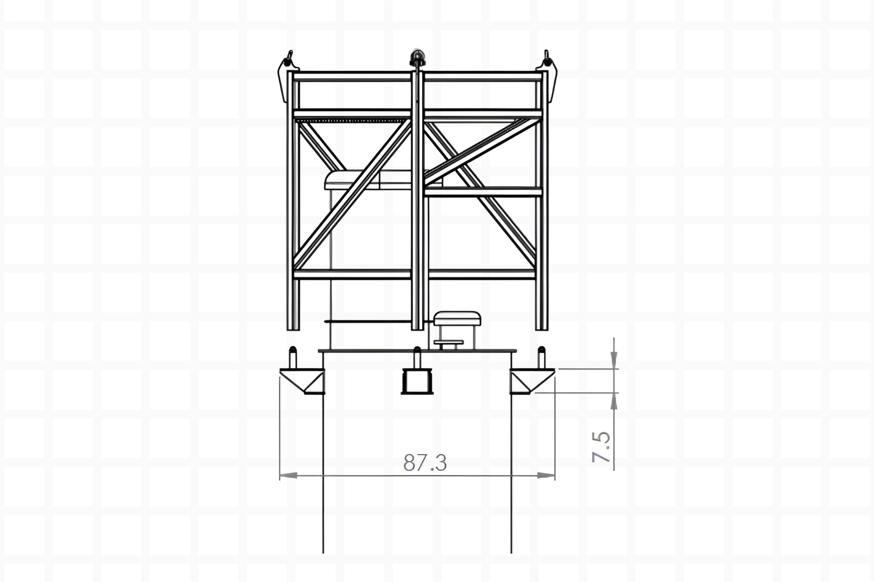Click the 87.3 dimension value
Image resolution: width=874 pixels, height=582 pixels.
click(x=425, y=462)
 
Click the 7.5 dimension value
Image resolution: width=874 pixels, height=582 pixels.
click(x=601, y=447)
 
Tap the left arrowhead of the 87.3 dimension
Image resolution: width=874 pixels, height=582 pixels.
click(x=289, y=475)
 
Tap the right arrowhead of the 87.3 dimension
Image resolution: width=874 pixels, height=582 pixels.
click(x=546, y=475)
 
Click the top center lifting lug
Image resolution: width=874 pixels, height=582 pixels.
click(x=417, y=58)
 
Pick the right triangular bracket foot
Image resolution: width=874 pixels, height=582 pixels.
click(x=532, y=382)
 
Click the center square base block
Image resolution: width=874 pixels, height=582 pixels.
click(x=417, y=382)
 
